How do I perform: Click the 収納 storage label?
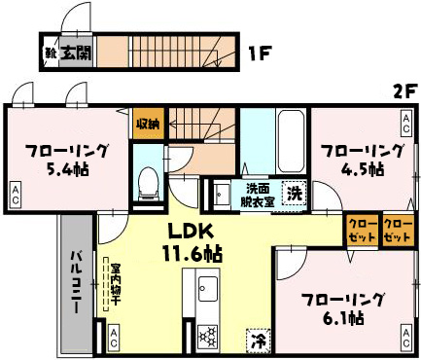(147, 125)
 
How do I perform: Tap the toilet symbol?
(149, 181)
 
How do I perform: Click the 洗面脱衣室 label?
(257, 196)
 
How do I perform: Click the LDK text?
(192, 233)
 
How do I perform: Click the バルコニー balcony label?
(75, 282)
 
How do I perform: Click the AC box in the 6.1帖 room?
(404, 340)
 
